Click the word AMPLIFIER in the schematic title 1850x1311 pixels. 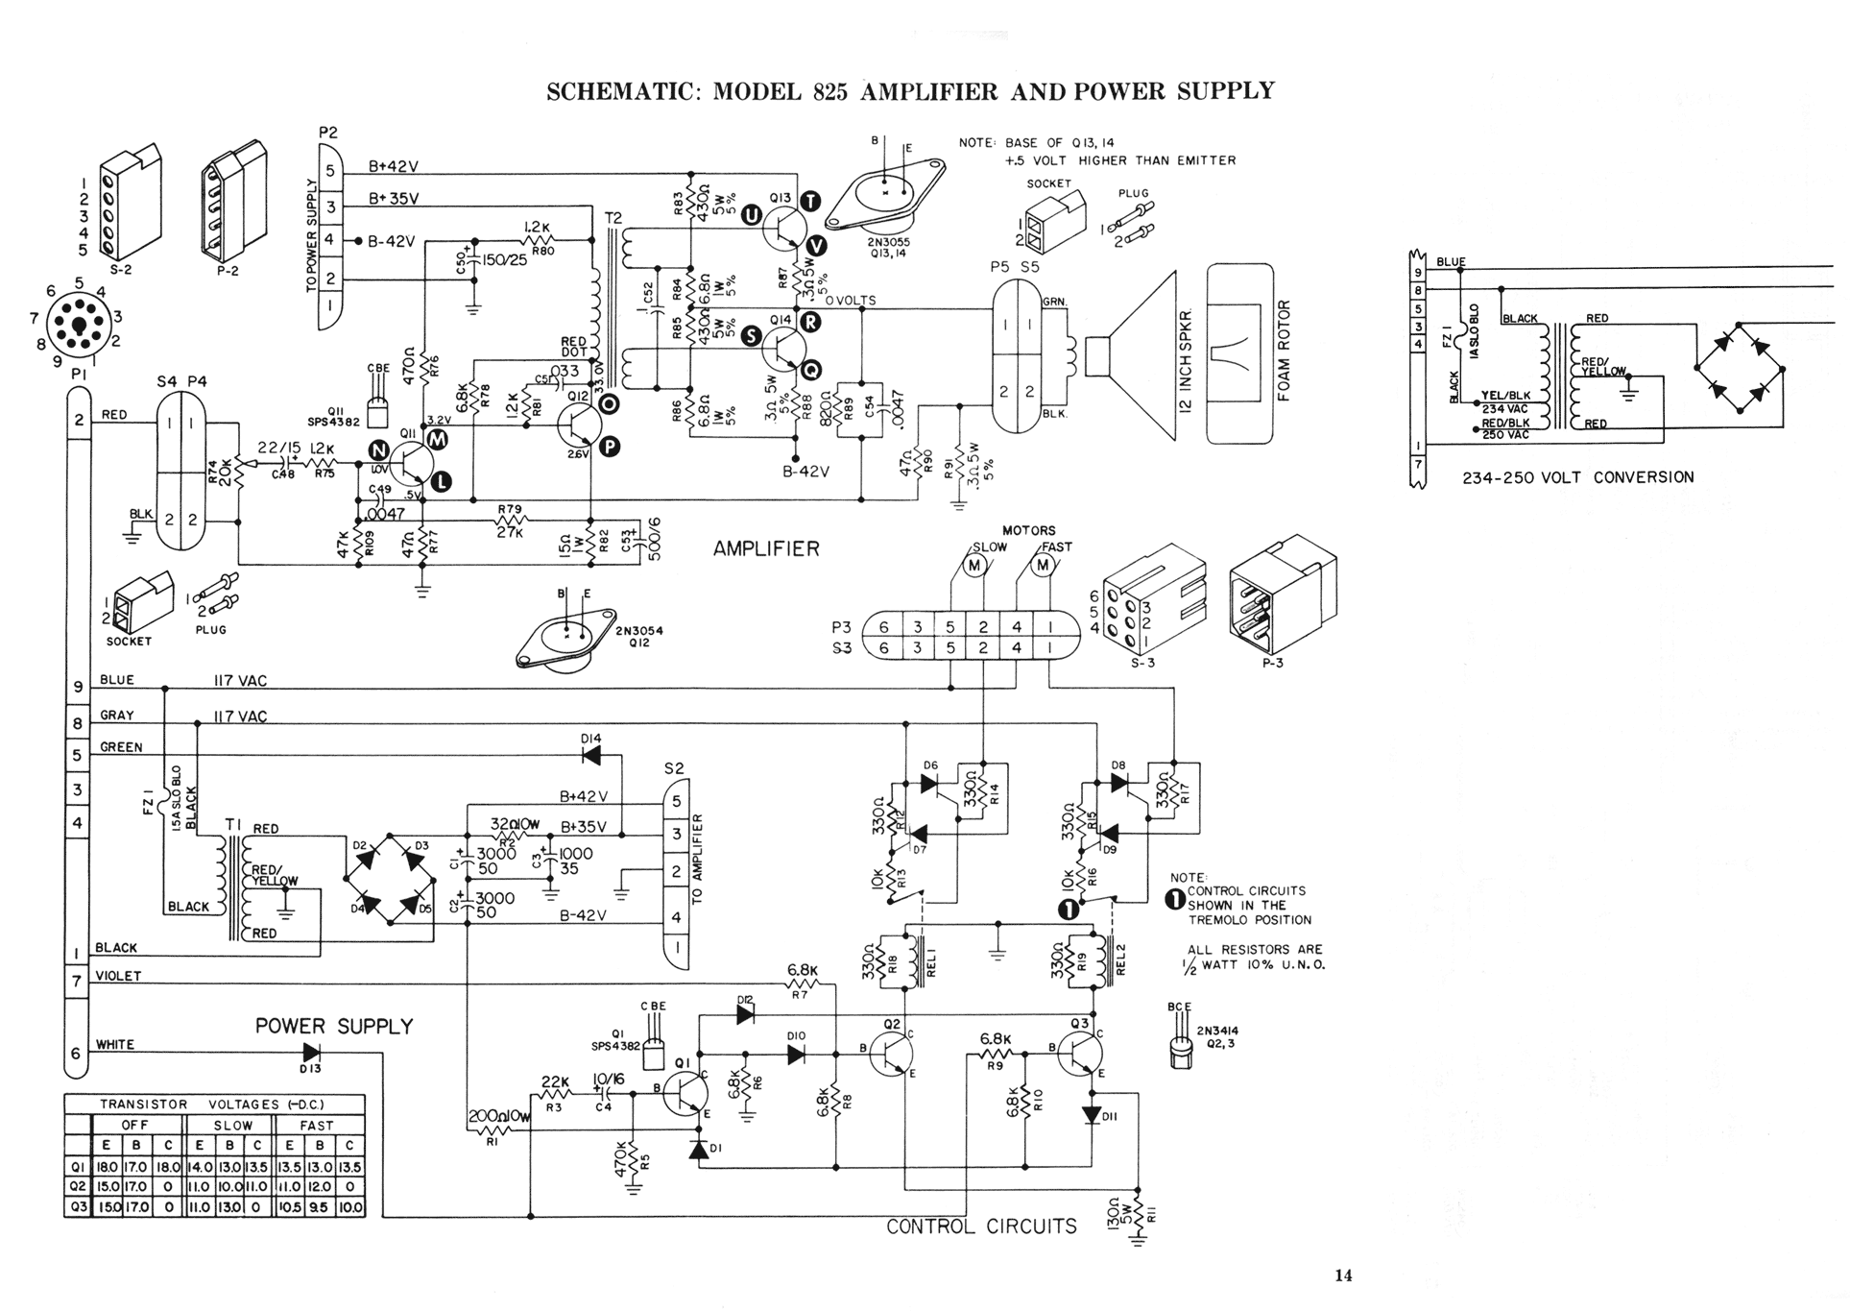coord(929,91)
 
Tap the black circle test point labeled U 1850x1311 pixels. coord(751,215)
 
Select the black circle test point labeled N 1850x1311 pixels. coord(379,451)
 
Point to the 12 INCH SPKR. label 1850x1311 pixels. coord(1188,362)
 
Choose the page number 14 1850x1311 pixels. coord(1343,1275)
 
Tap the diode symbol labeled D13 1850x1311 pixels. coord(311,1053)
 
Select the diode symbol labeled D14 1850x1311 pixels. coord(591,756)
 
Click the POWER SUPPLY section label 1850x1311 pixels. coord(333,1026)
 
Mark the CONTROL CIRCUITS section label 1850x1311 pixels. coord(980,1226)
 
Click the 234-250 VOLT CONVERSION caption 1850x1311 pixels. coord(1577,477)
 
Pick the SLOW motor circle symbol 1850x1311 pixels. coord(974,566)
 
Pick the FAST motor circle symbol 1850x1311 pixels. coord(1043,566)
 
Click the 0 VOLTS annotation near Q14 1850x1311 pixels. coord(851,301)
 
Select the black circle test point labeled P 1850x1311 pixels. coord(610,446)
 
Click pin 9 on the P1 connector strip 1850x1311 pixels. coord(78,687)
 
